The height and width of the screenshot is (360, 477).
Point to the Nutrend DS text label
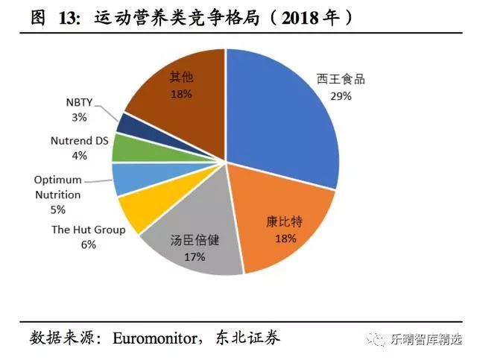coord(79,140)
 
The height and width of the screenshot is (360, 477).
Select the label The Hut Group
coord(88,230)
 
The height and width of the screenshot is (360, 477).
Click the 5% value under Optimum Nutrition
coord(57,209)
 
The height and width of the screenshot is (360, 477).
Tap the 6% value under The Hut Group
coord(89,244)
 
